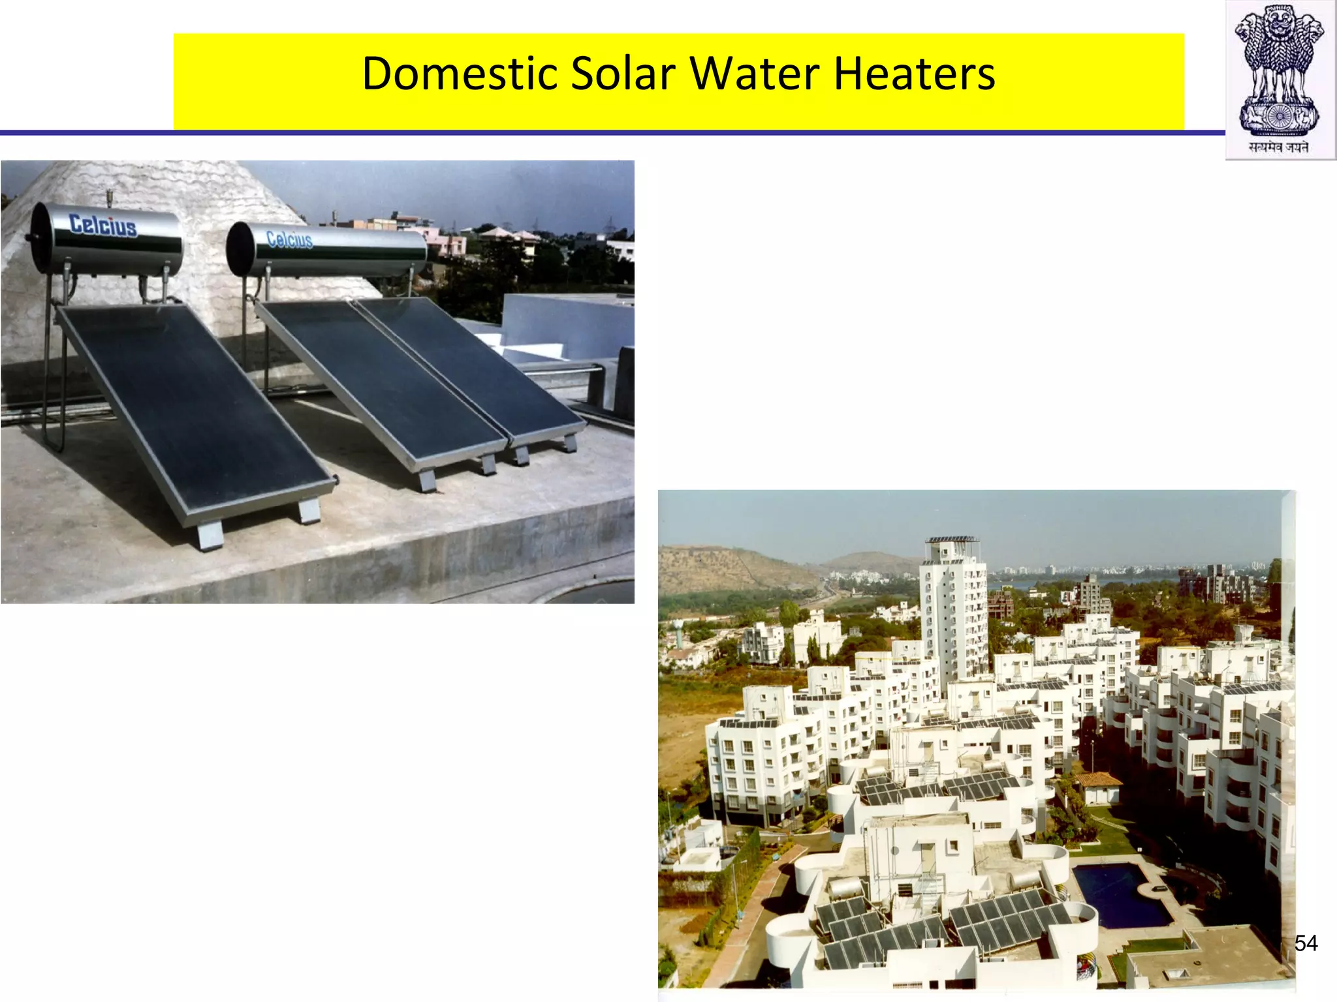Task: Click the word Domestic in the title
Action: click(x=459, y=73)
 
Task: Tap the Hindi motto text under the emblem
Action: click(x=1279, y=147)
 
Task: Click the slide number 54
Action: click(x=1306, y=943)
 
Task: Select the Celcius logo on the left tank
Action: click(x=103, y=225)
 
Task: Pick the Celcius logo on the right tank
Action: click(x=289, y=239)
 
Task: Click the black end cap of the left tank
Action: click(x=39, y=238)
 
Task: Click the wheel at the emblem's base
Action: click(x=1280, y=117)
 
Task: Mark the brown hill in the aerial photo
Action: click(x=731, y=568)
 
